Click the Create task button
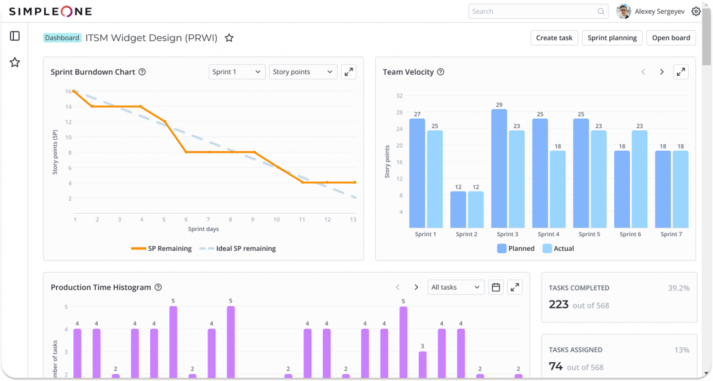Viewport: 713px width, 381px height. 554,38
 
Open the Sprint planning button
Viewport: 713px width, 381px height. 612,38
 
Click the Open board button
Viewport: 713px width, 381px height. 670,38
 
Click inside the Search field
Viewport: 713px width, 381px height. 532,11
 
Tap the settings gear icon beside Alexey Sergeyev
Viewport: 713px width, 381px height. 696,11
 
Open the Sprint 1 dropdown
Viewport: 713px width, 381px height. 237,72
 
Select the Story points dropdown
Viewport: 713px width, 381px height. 303,72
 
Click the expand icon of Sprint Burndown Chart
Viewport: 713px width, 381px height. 349,72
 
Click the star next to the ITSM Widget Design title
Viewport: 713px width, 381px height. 229,38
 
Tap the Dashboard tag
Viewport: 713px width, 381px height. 62,38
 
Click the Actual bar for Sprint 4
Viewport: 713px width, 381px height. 558,189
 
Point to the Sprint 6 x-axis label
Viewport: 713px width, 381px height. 630,234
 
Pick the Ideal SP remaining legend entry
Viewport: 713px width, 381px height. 238,249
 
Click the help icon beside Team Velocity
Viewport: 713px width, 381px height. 441,72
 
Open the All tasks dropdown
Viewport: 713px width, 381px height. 455,287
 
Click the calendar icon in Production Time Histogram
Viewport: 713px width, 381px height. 496,287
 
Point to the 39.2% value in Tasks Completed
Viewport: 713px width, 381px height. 678,288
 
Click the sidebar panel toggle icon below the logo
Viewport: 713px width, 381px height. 15,36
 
